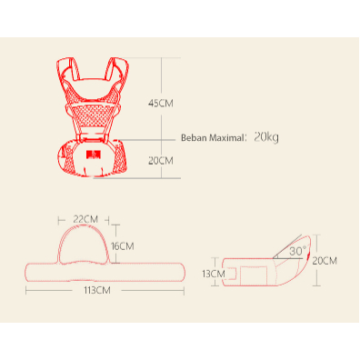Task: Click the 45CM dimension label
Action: (161, 104)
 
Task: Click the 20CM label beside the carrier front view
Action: (161, 161)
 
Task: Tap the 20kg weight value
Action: (266, 137)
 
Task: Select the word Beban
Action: (194, 138)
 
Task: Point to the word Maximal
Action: (226, 138)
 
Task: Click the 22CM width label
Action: (85, 219)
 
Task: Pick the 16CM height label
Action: (123, 246)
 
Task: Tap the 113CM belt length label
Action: (97, 290)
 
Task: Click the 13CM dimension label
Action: (214, 274)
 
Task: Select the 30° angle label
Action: (297, 251)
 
